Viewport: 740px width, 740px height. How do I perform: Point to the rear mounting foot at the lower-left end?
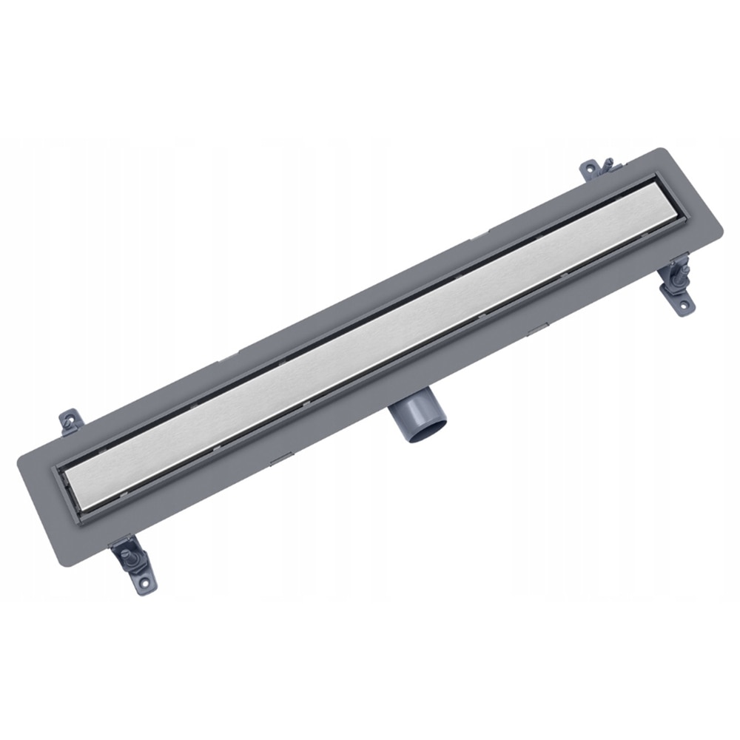coord(69,422)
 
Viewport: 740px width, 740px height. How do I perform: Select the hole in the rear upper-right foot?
coord(590,169)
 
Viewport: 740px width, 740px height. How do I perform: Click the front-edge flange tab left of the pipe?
coord(281,462)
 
